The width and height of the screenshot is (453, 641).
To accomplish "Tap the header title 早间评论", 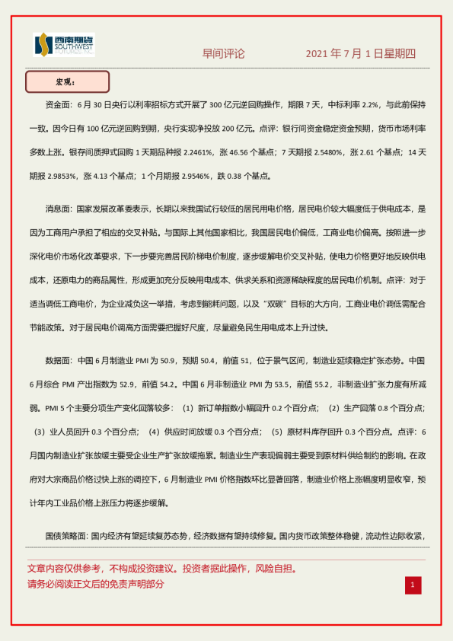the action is pos(223,54).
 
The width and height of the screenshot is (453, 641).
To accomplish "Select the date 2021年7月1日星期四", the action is pos(361,54).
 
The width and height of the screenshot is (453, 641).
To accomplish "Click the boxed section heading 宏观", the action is pos(67,81).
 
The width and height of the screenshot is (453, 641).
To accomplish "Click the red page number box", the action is pos(412,585).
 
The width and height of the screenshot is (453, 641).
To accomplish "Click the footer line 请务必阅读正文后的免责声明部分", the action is pos(95,584).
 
